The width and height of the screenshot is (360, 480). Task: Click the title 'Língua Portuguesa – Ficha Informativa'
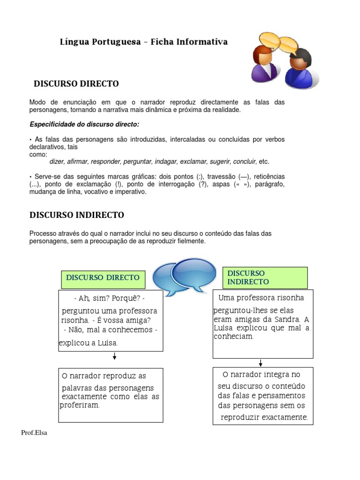click(143, 42)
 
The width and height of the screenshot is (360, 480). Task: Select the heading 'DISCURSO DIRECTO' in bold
click(76, 84)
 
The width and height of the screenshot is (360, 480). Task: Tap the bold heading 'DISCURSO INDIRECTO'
click(77, 215)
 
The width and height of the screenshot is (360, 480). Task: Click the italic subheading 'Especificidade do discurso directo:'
click(84, 124)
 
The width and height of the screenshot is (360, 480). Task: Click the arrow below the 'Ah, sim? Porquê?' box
click(114, 358)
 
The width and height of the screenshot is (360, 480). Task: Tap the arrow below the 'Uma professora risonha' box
click(261, 363)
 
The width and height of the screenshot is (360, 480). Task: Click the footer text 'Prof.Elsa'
click(34, 433)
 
